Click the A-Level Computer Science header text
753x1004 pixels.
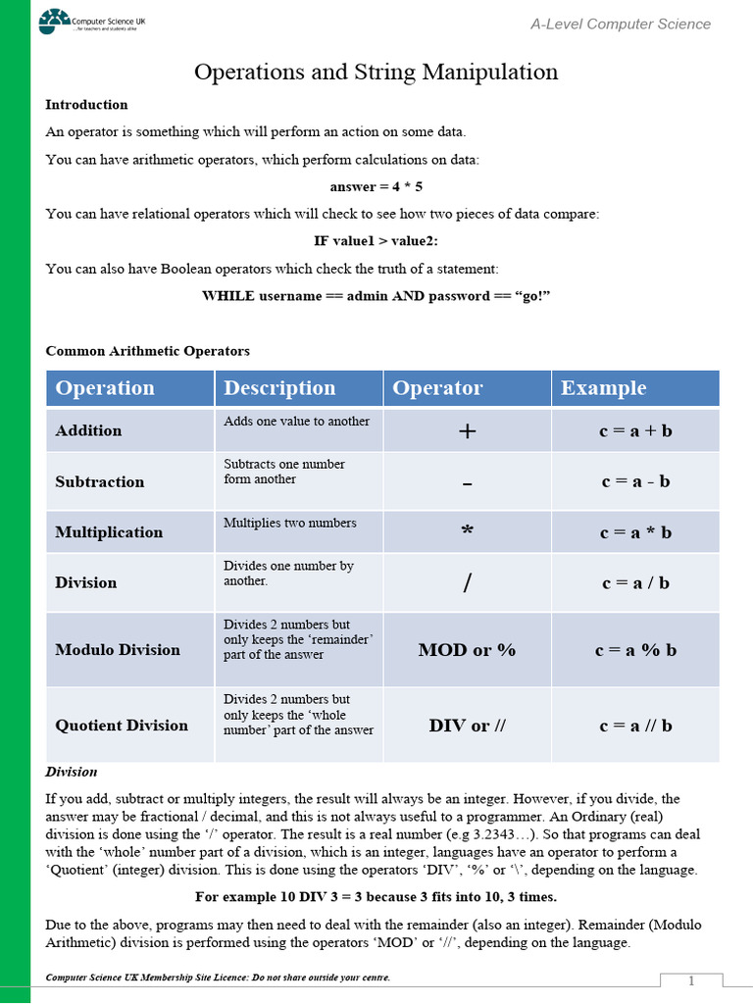click(x=621, y=24)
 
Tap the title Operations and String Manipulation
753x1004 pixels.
click(x=376, y=72)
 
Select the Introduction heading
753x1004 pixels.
click(x=86, y=105)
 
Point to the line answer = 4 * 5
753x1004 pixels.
click(x=376, y=186)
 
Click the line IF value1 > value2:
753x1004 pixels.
click(x=376, y=241)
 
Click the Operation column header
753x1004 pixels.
click(x=105, y=388)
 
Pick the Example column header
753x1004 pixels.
click(x=603, y=388)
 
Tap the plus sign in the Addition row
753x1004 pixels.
click(x=468, y=431)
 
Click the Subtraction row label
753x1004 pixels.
click(x=99, y=482)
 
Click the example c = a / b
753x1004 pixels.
click(x=635, y=582)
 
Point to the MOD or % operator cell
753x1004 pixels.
click(x=467, y=650)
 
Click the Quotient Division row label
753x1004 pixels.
click(x=122, y=726)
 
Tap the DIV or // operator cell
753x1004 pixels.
click(x=467, y=726)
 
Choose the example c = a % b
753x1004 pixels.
click(x=635, y=650)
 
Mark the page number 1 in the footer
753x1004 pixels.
click(x=691, y=981)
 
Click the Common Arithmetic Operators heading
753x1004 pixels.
click(x=147, y=351)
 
